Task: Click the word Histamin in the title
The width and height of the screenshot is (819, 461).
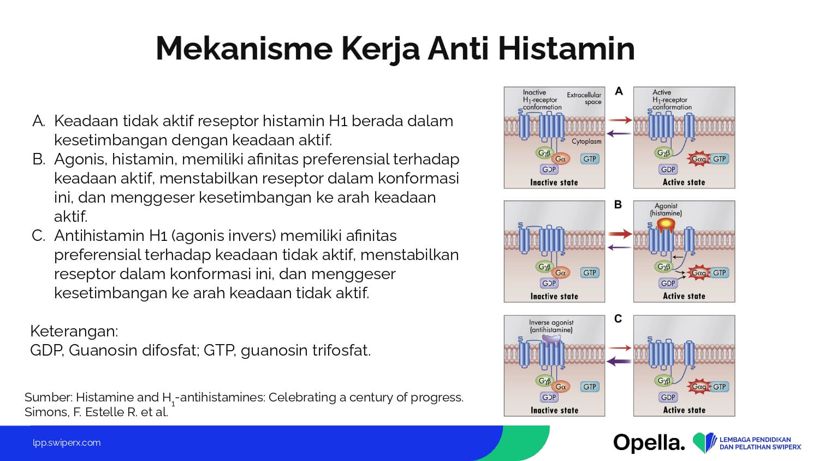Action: point(566,49)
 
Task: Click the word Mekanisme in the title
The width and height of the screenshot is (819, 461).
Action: point(244,49)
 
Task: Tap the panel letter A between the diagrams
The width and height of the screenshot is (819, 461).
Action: point(619,91)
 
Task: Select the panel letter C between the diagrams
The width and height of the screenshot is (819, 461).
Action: point(618,318)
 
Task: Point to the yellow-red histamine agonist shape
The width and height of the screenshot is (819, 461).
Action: point(666,224)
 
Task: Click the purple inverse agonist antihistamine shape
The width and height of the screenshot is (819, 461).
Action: point(551,341)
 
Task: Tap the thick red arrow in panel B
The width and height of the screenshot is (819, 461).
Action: point(620,234)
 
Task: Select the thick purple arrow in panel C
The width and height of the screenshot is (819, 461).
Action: point(619,362)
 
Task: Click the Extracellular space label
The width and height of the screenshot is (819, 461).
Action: point(584,98)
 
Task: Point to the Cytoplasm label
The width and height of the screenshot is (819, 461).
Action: point(586,141)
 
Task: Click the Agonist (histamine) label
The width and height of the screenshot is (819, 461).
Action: point(666,210)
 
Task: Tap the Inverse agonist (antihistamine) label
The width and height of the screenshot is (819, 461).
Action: point(551,326)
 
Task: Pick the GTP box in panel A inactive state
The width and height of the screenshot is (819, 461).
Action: point(590,159)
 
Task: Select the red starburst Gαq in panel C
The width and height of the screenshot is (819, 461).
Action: point(698,387)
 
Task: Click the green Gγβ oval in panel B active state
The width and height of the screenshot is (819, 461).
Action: point(663,267)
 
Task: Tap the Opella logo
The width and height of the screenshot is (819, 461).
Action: point(649,443)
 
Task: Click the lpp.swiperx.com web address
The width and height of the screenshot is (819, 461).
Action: point(67,443)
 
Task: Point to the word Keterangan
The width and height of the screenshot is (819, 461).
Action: point(74,331)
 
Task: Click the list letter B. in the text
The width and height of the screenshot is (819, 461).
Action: point(39,159)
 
